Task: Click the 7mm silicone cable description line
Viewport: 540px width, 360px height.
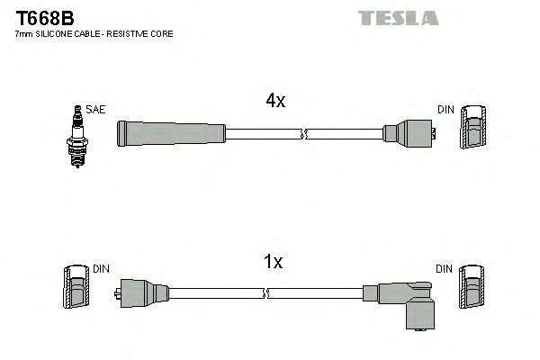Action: [x=94, y=33]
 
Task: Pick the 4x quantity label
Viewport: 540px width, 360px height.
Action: [x=274, y=102]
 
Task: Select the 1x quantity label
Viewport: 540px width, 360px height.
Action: [x=274, y=262]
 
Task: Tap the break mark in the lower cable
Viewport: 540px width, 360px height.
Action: [x=268, y=293]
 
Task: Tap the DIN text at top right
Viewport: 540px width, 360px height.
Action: [x=445, y=110]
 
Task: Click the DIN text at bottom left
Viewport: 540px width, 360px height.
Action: [x=101, y=269]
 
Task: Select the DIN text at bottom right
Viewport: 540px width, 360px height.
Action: [x=445, y=269]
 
